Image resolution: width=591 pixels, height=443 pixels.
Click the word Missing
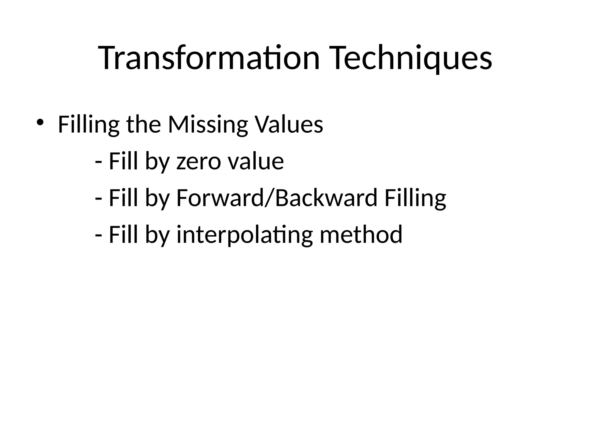(x=208, y=125)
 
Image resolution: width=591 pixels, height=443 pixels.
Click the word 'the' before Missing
(x=144, y=125)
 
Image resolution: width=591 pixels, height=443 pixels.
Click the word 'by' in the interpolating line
(x=157, y=235)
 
